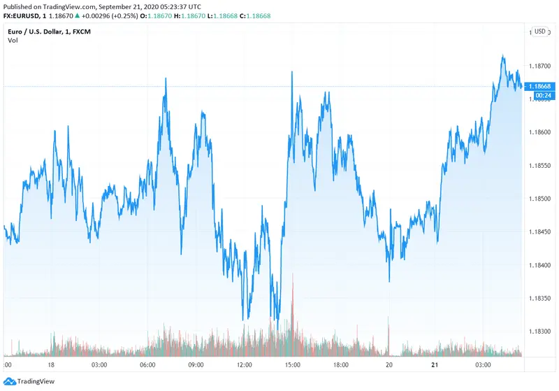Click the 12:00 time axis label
click(245, 365)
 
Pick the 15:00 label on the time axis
click(293, 365)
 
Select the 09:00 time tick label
click(196, 365)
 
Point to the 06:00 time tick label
click(147, 365)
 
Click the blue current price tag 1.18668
click(540, 86)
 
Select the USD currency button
click(539, 31)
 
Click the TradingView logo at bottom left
click(28, 381)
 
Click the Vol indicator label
click(13, 41)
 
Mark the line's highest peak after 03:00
click(502, 56)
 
